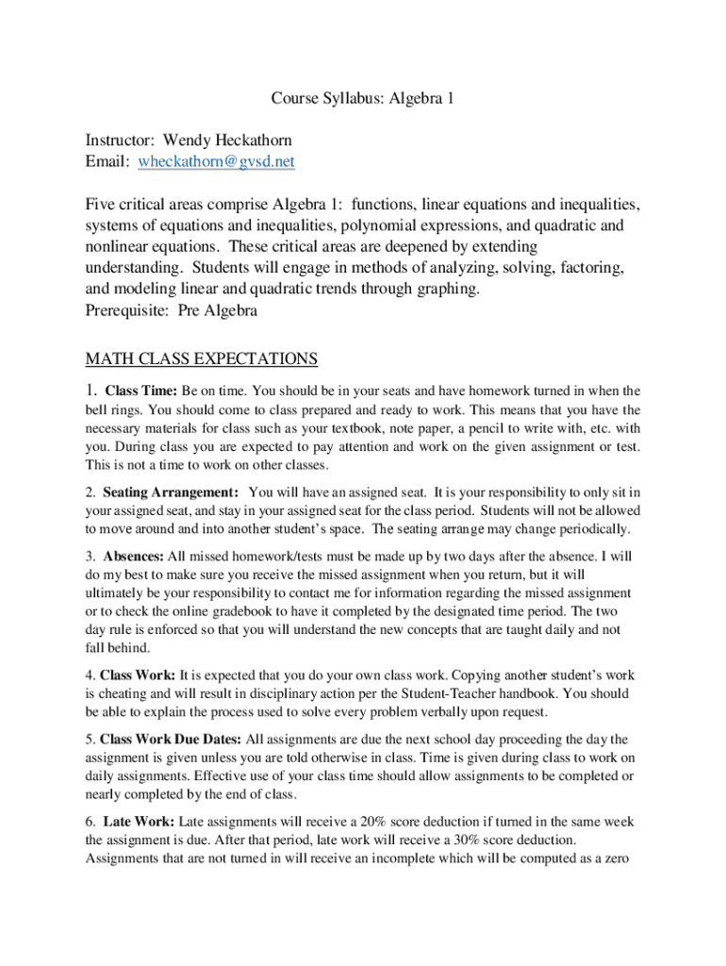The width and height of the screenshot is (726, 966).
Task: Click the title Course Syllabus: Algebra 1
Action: (363, 98)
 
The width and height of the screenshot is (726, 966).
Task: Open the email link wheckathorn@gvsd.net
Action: (216, 161)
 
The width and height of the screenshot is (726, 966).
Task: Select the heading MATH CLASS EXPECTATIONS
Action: (202, 358)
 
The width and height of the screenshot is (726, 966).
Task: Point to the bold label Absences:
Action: (134, 556)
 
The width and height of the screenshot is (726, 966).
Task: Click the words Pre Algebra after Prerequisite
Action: (219, 310)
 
